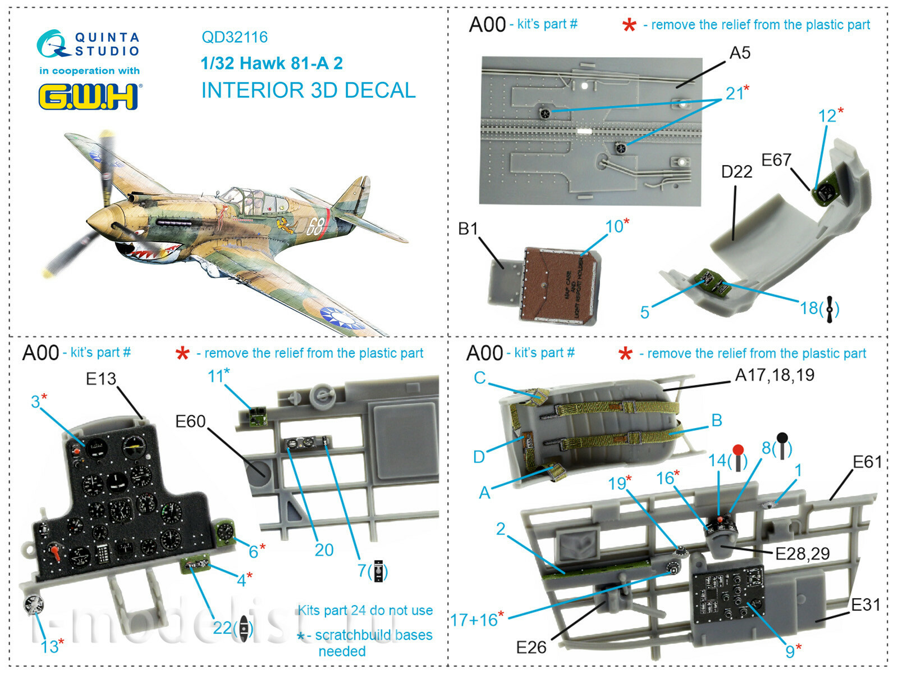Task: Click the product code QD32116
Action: click(235, 37)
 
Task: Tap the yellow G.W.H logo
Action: click(89, 97)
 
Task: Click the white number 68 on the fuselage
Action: click(315, 226)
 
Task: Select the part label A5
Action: click(740, 53)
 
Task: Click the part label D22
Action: click(736, 171)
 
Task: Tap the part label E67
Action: click(776, 160)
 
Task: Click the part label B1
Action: click(468, 229)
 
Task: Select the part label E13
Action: click(101, 379)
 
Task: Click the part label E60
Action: click(190, 421)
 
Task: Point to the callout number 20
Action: click(324, 549)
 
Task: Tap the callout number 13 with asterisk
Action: click(52, 646)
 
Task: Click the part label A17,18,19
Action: click(775, 375)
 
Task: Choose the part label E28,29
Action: click(802, 554)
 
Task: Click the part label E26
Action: click(531, 648)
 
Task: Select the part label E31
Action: click(865, 604)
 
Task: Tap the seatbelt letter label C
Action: click(480, 378)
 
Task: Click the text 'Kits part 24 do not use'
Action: click(365, 610)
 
